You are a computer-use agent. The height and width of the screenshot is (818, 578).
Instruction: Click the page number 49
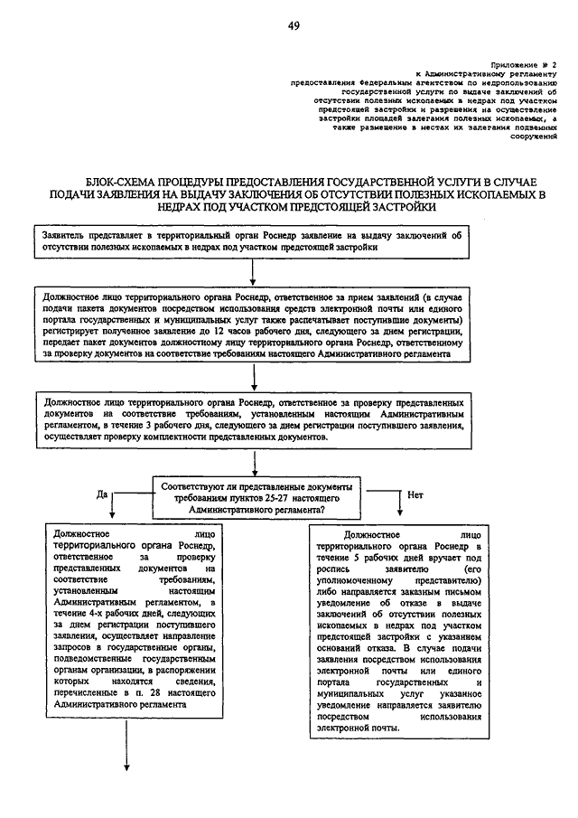(x=294, y=26)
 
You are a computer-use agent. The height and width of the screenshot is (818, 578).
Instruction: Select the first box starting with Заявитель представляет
(x=252, y=240)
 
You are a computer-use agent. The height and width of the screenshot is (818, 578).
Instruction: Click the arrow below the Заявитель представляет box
(x=253, y=270)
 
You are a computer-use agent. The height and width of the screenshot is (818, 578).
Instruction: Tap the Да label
(x=101, y=494)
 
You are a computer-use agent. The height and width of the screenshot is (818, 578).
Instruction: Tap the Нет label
(x=415, y=494)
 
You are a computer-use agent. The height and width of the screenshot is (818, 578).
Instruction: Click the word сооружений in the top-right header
(x=534, y=136)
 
